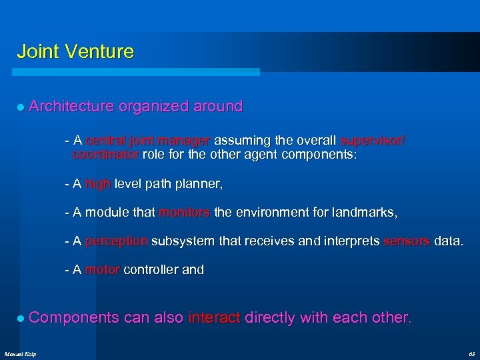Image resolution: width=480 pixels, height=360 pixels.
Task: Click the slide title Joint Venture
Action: pos(75,51)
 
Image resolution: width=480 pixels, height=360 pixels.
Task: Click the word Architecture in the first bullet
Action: pos(72,106)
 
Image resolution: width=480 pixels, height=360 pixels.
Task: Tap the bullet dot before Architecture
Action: pos(21,107)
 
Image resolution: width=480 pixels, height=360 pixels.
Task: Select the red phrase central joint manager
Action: pos(148,141)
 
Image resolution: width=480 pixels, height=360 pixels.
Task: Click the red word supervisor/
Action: pos(373,141)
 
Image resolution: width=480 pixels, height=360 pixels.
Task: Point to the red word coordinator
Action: pos(105,154)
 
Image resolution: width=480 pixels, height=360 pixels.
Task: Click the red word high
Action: pos(98,183)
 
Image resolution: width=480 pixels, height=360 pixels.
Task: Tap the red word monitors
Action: pos(184,213)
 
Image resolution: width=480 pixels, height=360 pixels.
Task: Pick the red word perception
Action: pos(117,241)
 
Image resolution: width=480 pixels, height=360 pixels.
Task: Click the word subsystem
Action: pos(182,241)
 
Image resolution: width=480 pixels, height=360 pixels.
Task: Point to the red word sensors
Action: pos(407,241)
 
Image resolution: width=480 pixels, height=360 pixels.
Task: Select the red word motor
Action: pos(103,270)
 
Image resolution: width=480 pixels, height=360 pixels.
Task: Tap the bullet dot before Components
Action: pos(21,319)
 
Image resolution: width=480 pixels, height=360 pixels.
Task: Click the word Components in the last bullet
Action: pos(74,318)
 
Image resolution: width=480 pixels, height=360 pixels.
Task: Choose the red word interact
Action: pos(214,318)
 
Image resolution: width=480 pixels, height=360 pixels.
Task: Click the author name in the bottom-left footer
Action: pos(20,353)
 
